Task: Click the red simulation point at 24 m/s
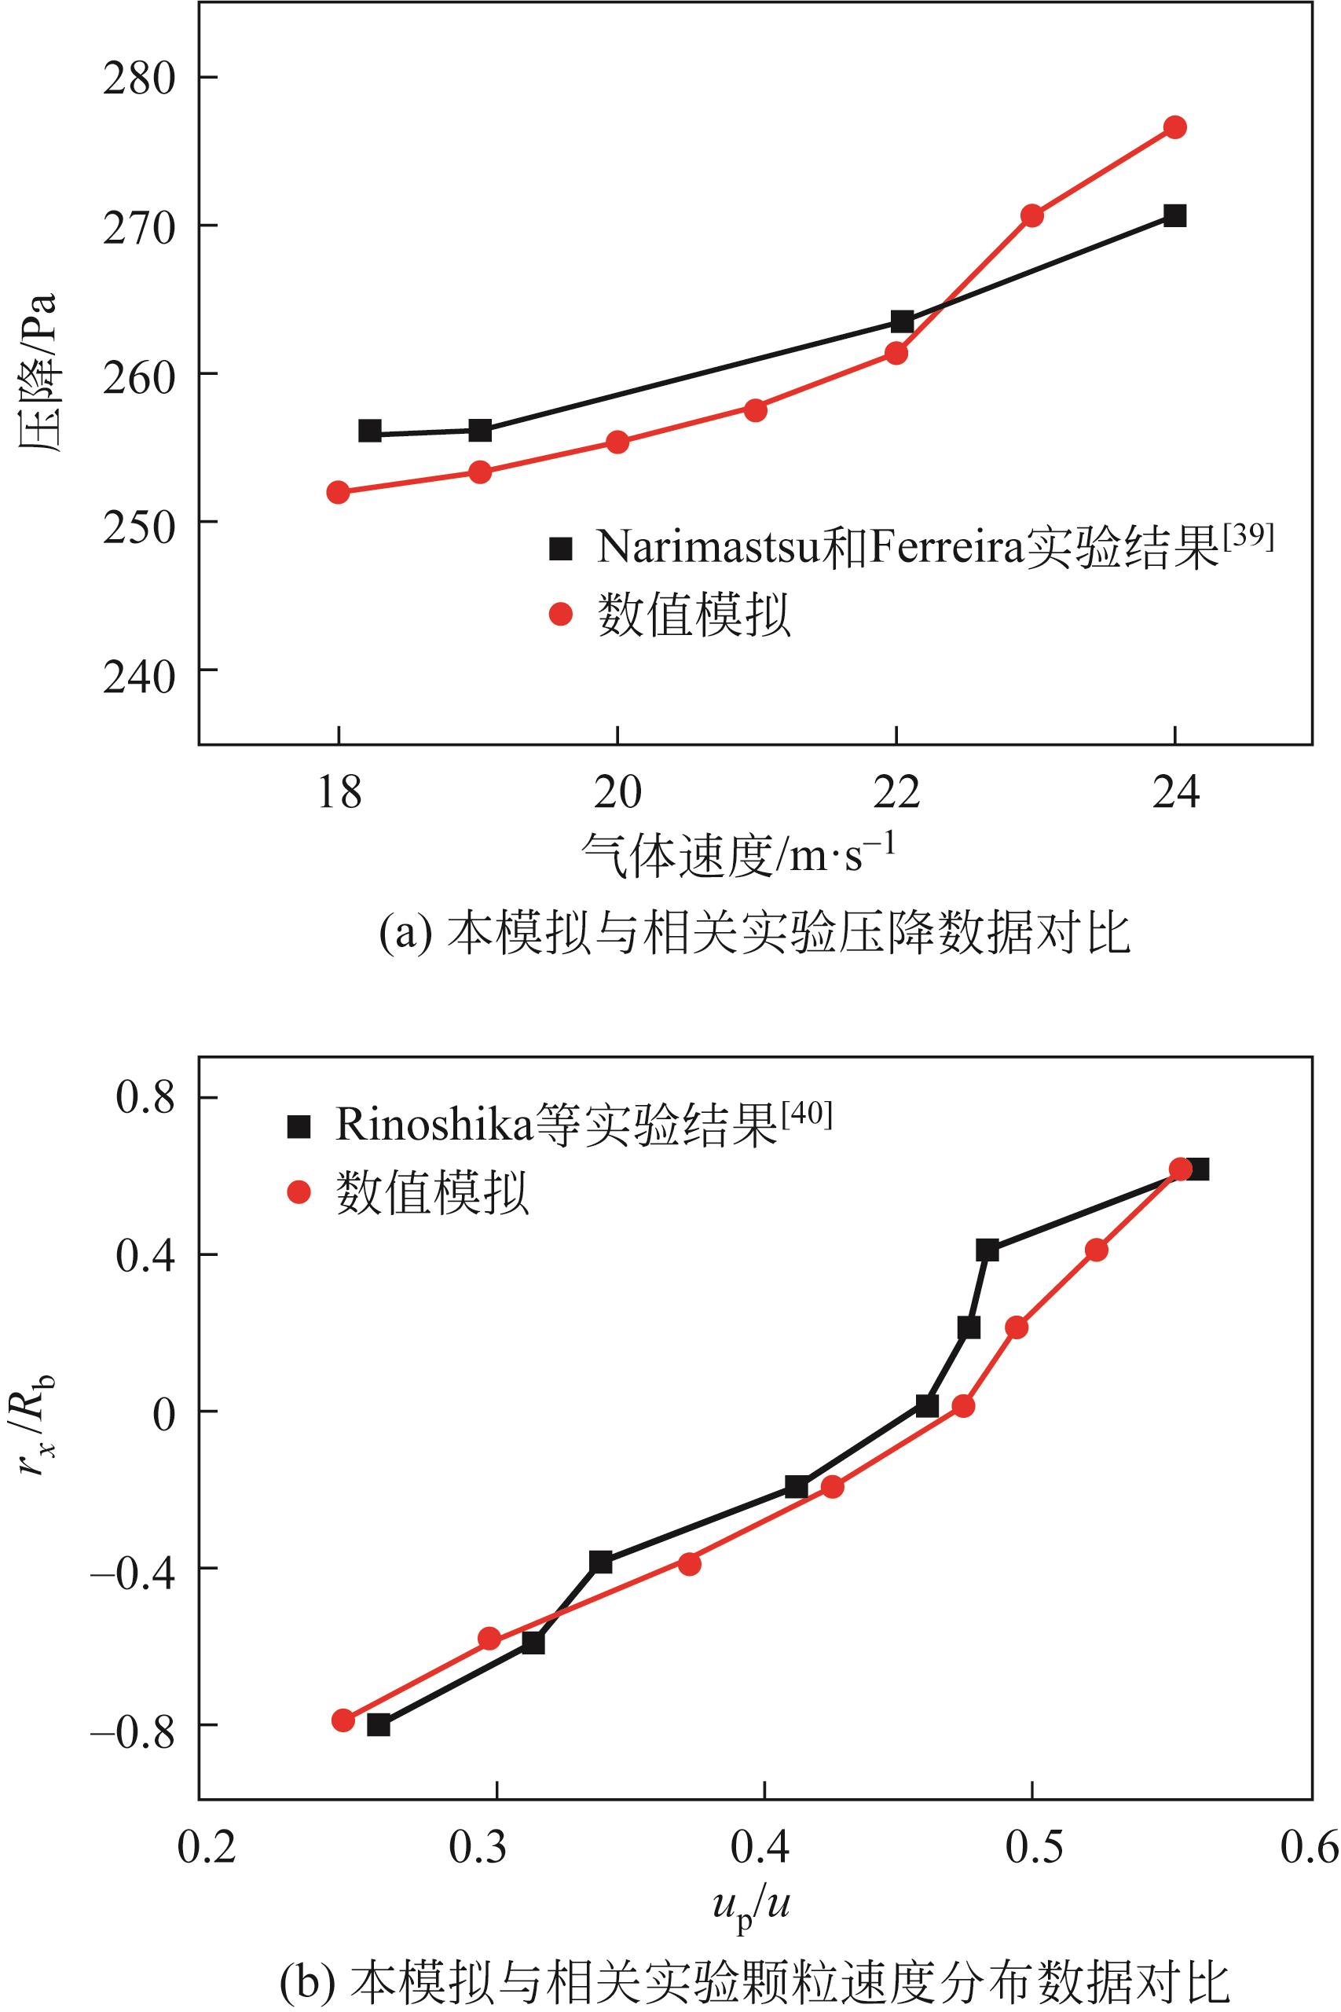pyautogui.click(x=1175, y=127)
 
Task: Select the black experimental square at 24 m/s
pyautogui.click(x=1175, y=215)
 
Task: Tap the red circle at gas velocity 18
pyautogui.click(x=338, y=492)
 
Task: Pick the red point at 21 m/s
pyautogui.click(x=755, y=409)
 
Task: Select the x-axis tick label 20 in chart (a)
pyautogui.click(x=617, y=793)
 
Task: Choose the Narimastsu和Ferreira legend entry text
pyautogui.click(x=907, y=548)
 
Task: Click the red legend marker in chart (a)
pyautogui.click(x=560, y=614)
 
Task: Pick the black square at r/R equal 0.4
pyautogui.click(x=987, y=1250)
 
